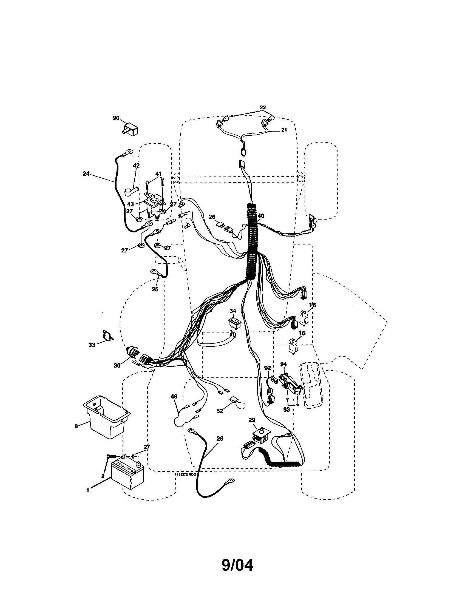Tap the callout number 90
coord(116,118)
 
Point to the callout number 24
coord(86,174)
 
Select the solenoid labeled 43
coord(154,204)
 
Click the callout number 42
coord(136,165)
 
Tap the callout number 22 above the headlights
coord(262,107)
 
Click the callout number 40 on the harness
coord(261,216)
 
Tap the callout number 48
coord(174,397)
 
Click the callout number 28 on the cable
coord(220,439)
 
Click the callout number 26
coord(212,217)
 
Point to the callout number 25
coord(155,289)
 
